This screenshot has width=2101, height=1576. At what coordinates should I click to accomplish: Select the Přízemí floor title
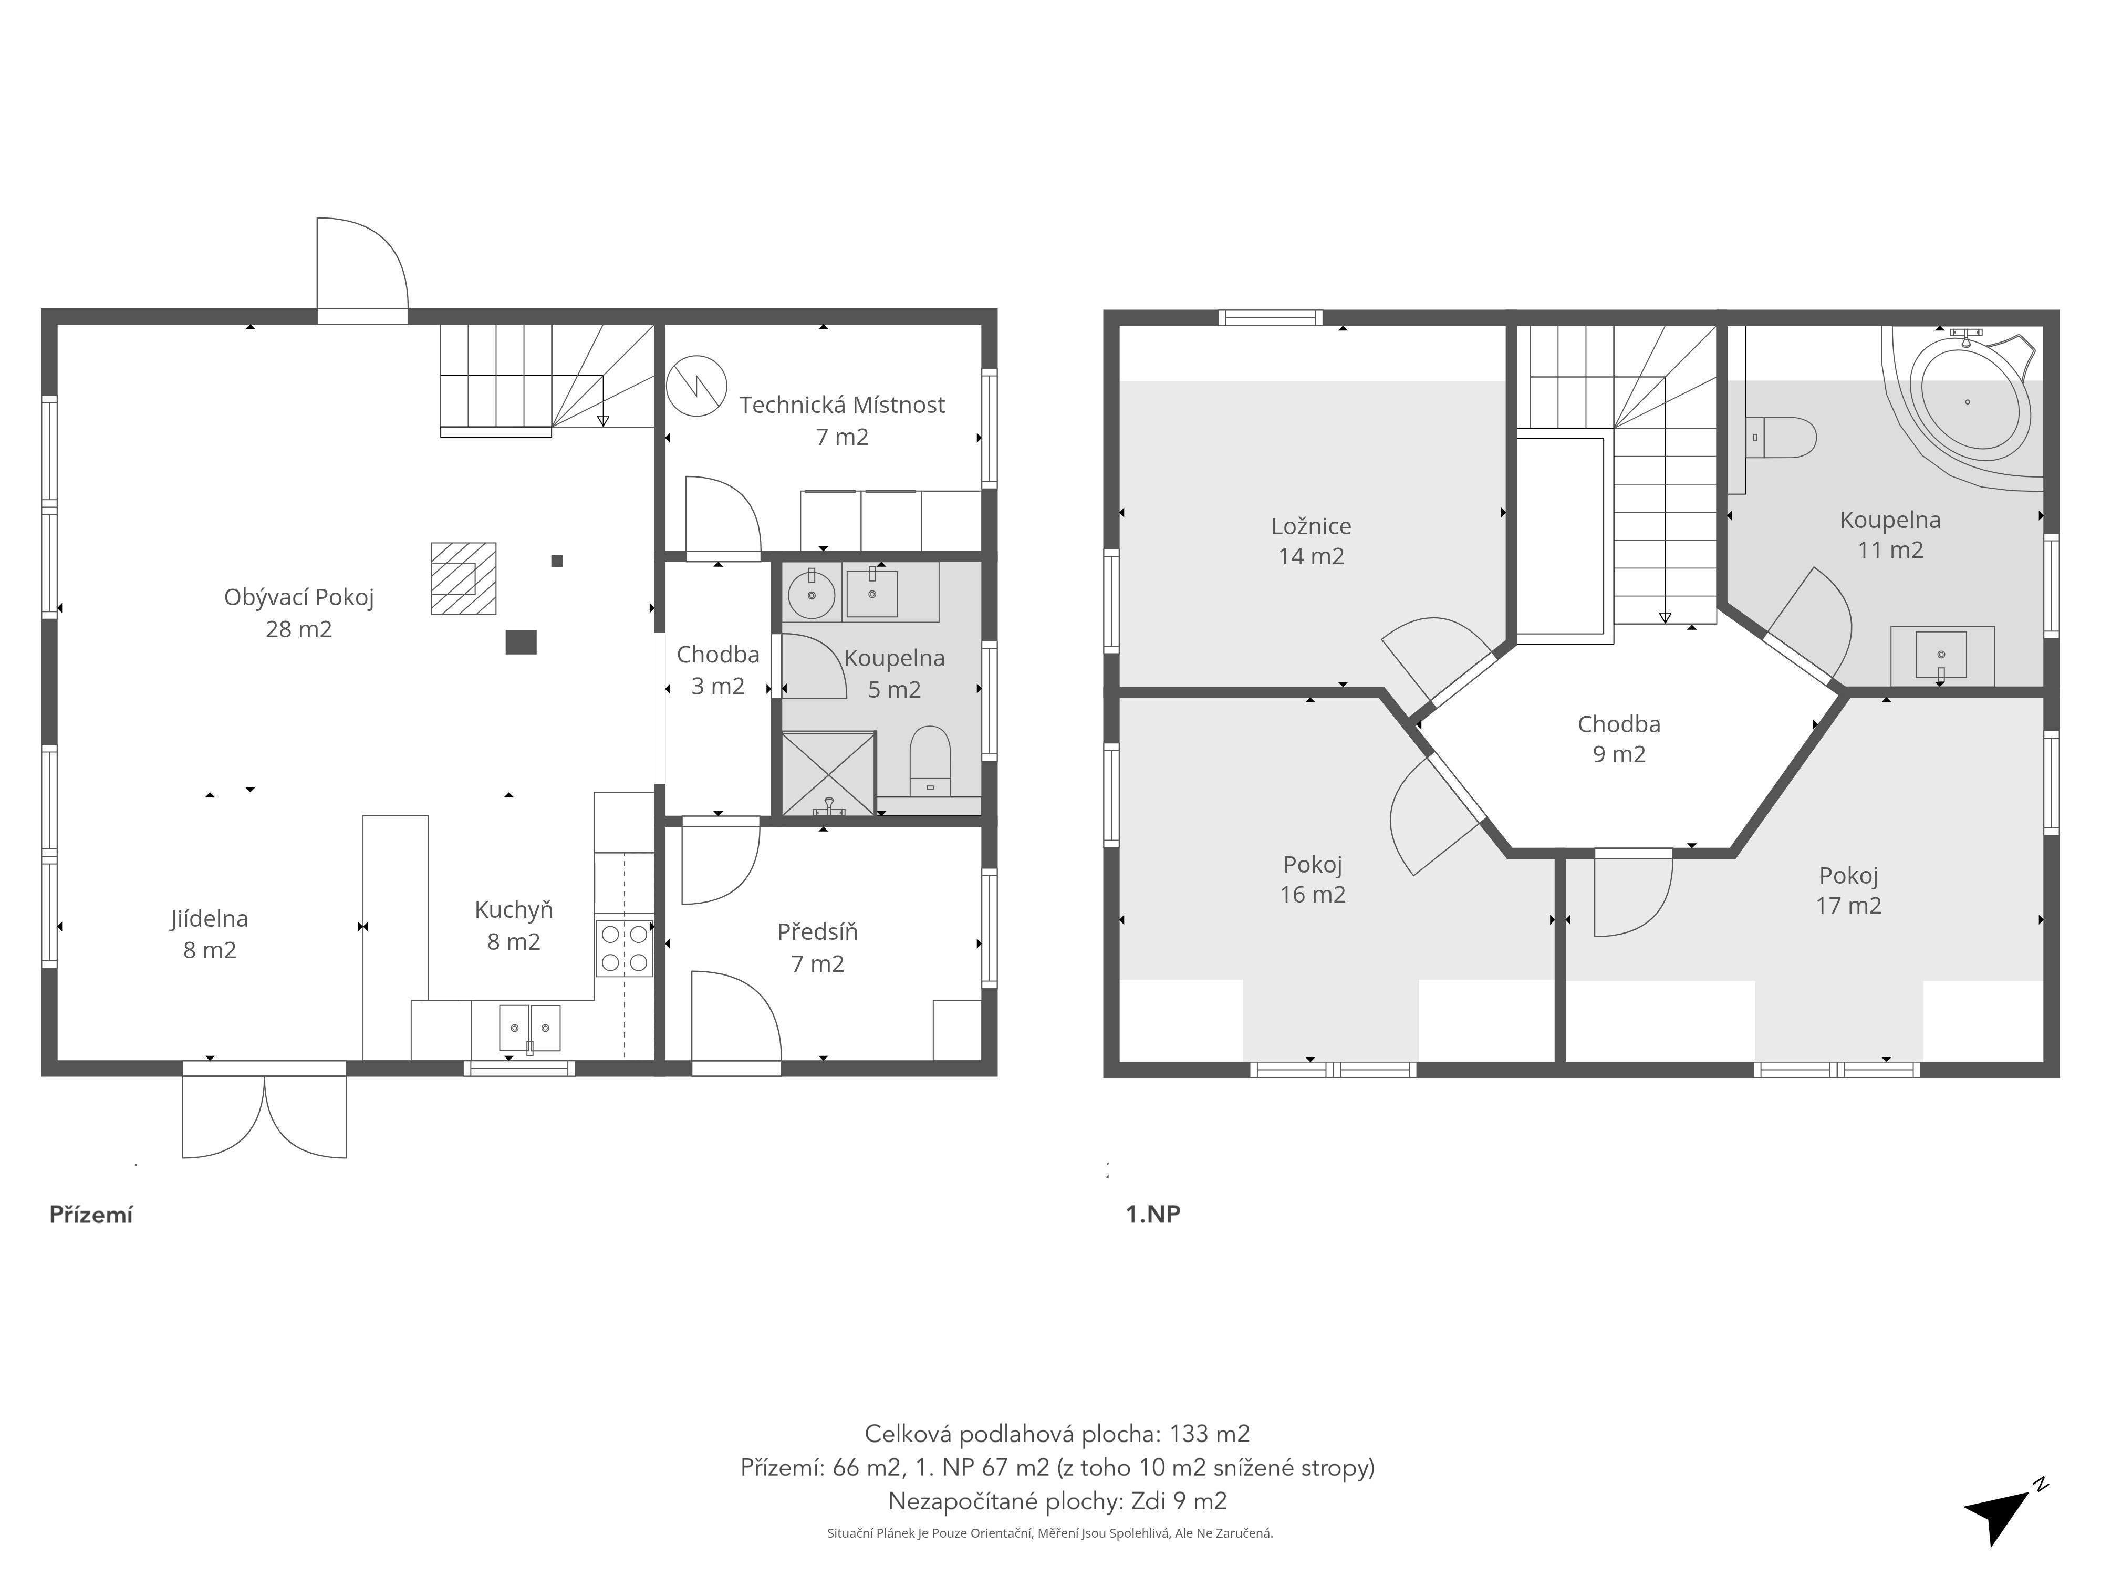pos(91,1215)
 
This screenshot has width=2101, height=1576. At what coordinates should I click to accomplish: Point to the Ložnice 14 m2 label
pos(1312,541)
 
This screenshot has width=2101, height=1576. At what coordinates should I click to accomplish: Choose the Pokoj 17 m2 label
pos(1848,890)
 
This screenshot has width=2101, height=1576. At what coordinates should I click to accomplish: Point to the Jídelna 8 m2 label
pos(210,934)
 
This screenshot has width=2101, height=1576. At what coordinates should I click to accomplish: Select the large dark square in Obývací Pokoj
pos(521,642)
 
